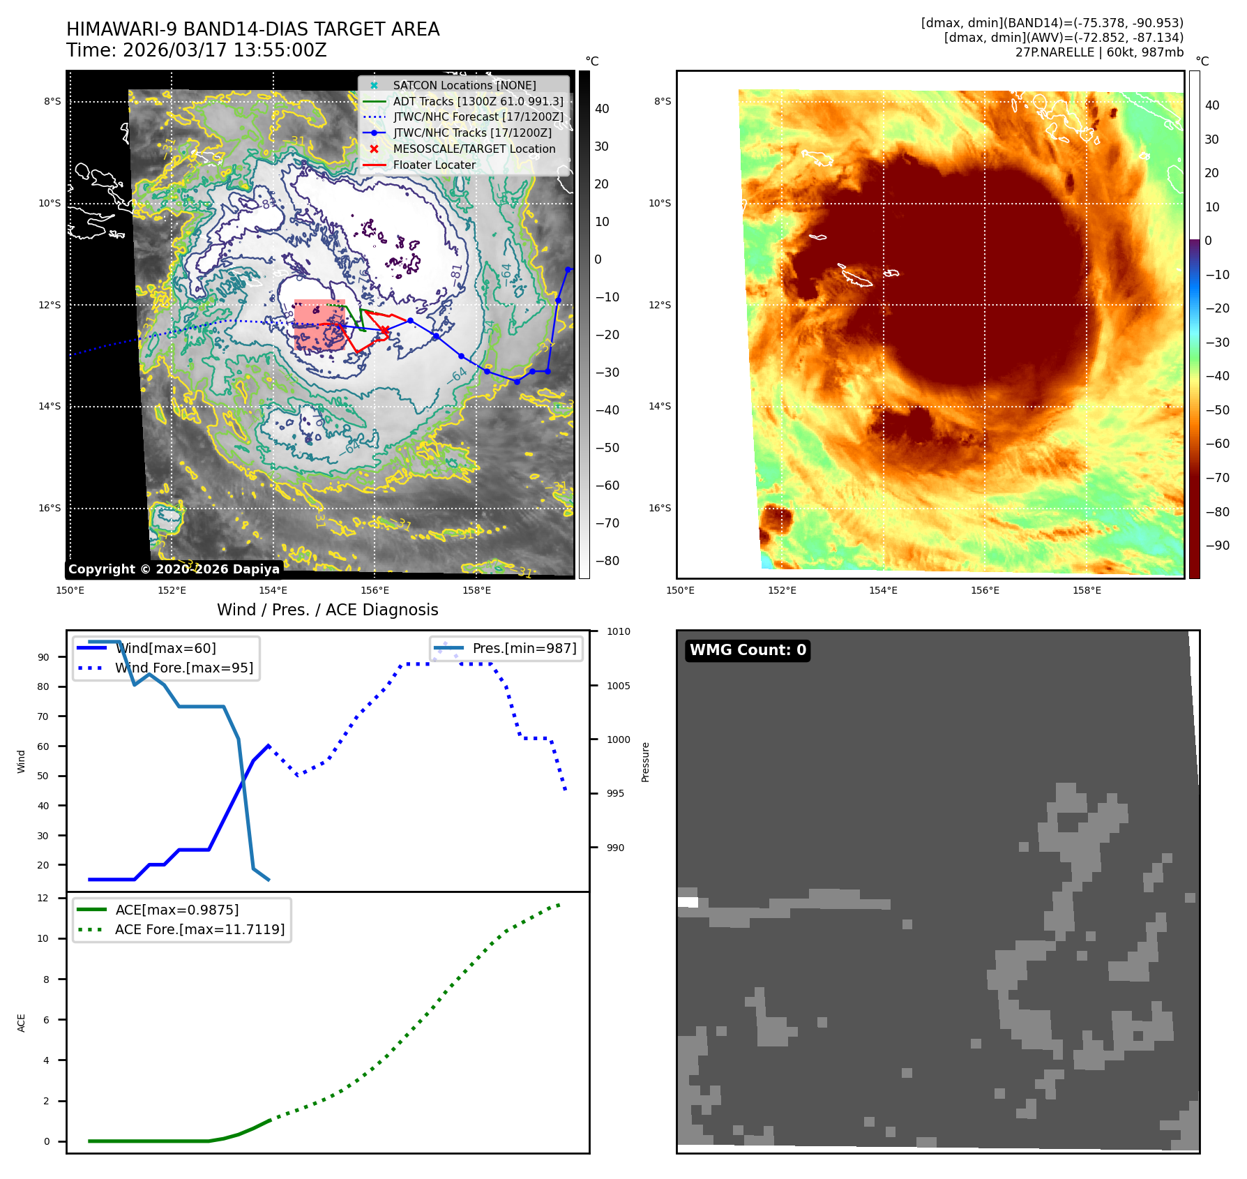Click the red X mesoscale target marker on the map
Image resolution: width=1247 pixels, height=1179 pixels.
click(384, 330)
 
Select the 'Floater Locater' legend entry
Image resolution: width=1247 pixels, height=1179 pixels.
click(434, 165)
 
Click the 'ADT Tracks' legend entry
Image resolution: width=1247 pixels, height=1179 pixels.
click(478, 101)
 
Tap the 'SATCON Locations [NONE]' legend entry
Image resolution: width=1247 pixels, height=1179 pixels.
click(464, 85)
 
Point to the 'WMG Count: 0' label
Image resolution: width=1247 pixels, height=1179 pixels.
click(748, 650)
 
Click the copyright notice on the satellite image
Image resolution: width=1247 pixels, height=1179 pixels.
click(174, 569)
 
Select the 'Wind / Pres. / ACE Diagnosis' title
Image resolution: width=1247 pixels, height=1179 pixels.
click(328, 610)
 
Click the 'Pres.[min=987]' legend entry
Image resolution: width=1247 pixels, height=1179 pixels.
click(524, 648)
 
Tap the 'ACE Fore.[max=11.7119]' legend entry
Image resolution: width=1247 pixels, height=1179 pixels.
click(199, 929)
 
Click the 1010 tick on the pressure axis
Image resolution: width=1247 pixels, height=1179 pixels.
click(618, 632)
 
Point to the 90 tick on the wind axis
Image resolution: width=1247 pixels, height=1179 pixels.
click(44, 657)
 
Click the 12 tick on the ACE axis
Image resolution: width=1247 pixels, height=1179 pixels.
click(43, 898)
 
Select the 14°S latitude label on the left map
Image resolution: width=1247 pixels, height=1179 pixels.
click(50, 407)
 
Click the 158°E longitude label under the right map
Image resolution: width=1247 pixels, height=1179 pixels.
click(1087, 590)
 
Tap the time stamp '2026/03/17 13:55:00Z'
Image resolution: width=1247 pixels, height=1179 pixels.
click(225, 50)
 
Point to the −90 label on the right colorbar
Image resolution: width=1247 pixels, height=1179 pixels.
click(1217, 546)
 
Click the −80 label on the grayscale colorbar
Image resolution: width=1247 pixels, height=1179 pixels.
click(607, 561)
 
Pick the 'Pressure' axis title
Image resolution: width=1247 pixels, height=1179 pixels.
click(645, 762)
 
